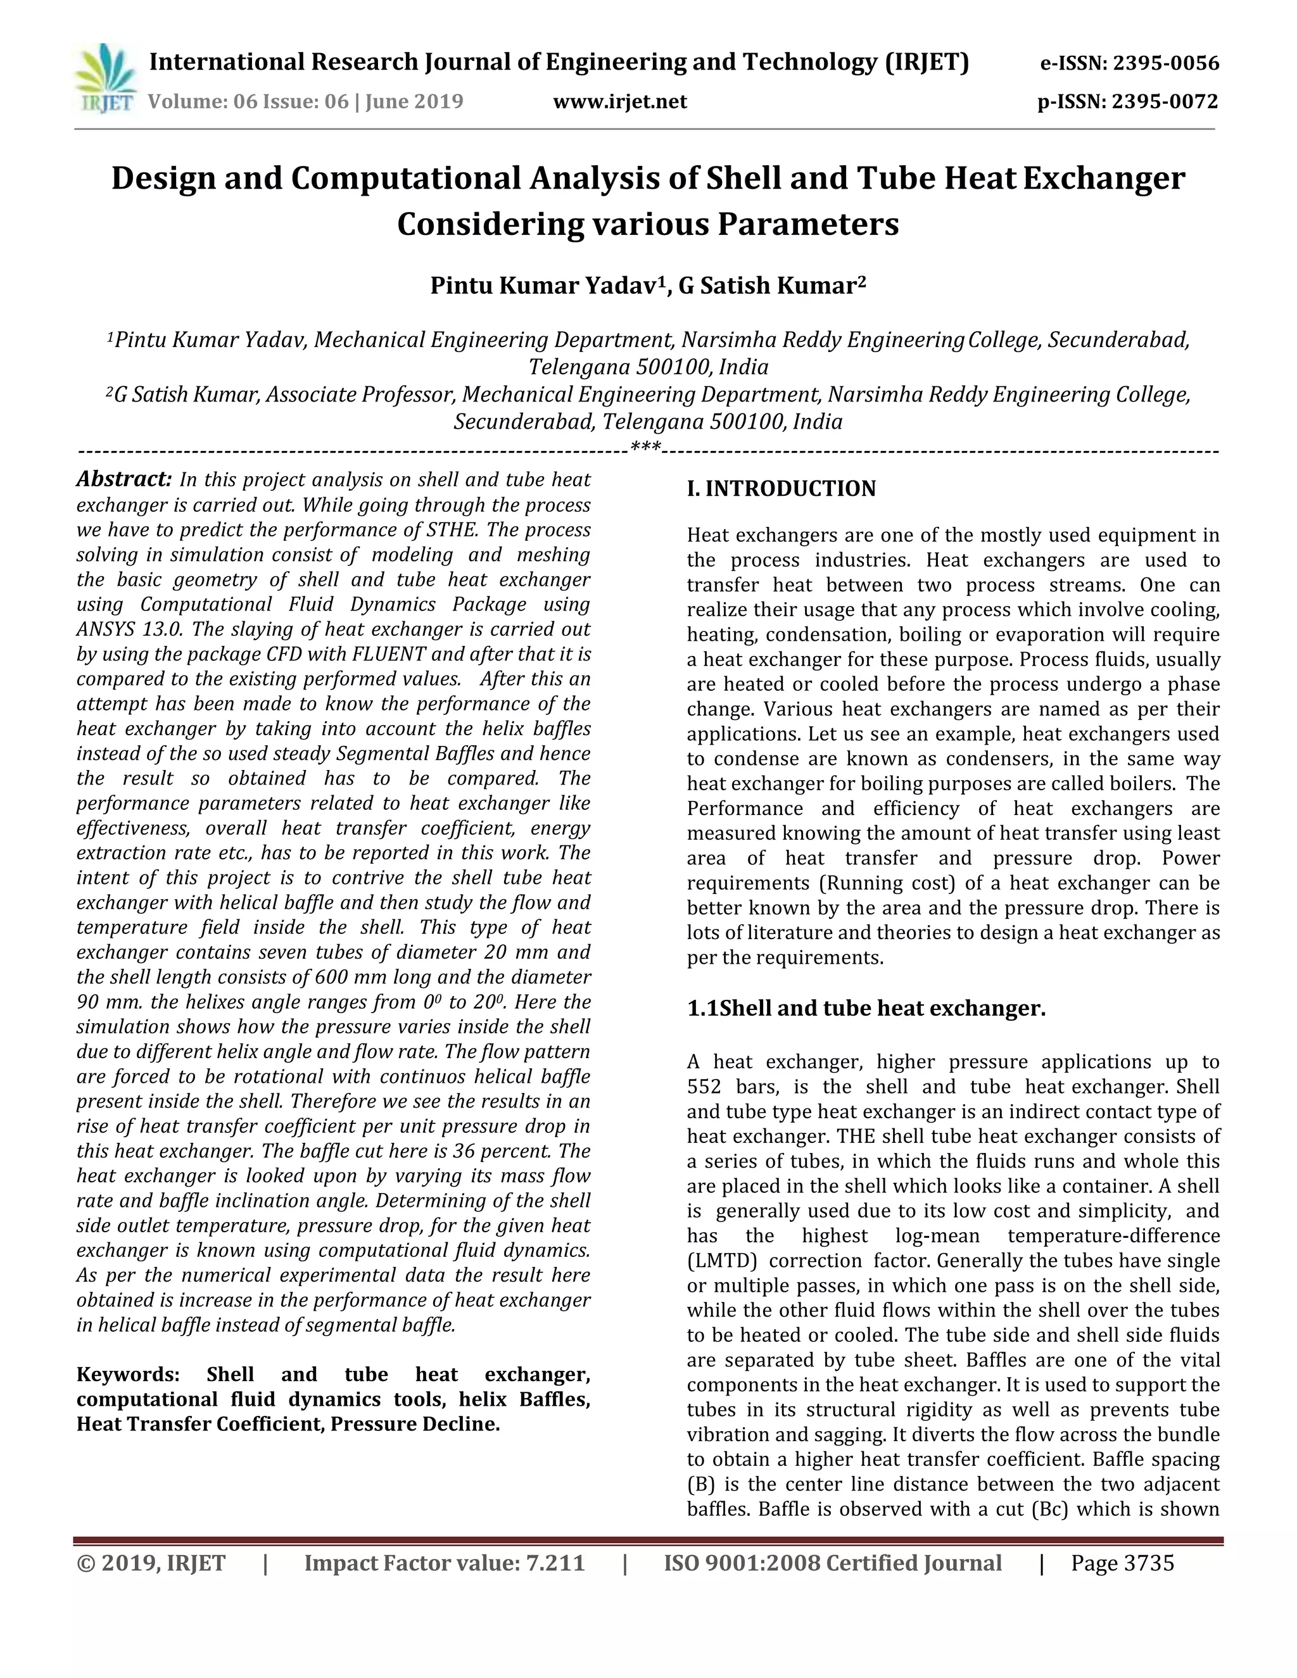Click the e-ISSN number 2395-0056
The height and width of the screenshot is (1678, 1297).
tap(1166, 63)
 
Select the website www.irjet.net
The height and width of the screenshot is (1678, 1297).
tap(619, 101)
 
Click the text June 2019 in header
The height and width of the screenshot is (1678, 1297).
tap(414, 101)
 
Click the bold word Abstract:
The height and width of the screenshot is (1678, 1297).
tap(123, 479)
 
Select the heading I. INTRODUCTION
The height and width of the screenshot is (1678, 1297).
tap(781, 489)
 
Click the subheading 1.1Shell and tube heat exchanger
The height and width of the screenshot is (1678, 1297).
tap(866, 1007)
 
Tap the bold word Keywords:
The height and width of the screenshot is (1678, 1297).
tap(127, 1374)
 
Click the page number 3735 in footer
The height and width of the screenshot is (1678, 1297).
tap(1149, 1563)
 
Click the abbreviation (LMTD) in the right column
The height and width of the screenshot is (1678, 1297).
tap(721, 1261)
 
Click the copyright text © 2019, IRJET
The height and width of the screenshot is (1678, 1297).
tap(151, 1563)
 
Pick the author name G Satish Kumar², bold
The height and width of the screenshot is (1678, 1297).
tap(771, 286)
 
